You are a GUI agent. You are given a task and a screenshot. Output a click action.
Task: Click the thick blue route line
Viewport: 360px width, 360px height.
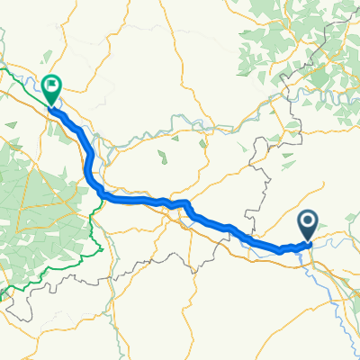pos(135,199)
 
